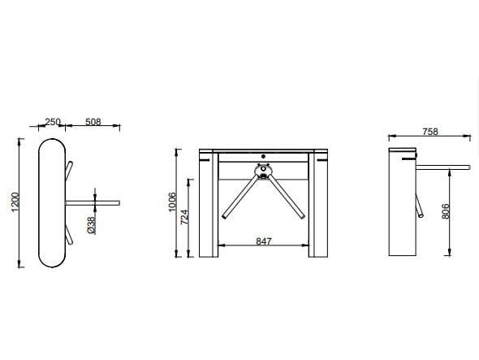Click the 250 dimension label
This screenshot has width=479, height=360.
click(x=53, y=122)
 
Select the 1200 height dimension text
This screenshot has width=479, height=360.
click(x=15, y=203)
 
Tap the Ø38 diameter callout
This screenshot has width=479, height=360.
click(x=91, y=225)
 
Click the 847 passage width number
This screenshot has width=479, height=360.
click(x=262, y=241)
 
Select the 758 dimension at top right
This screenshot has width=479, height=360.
click(x=432, y=132)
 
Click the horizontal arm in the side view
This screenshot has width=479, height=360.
click(x=442, y=168)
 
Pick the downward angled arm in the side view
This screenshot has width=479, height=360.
click(x=421, y=203)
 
